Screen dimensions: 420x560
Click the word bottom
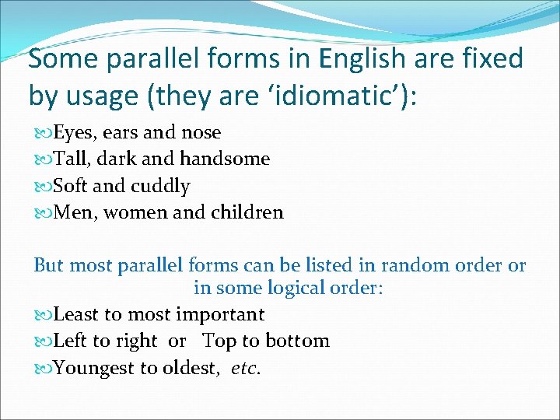(x=299, y=341)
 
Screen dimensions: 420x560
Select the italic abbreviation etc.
(x=246, y=368)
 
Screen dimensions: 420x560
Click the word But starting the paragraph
(x=48, y=265)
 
